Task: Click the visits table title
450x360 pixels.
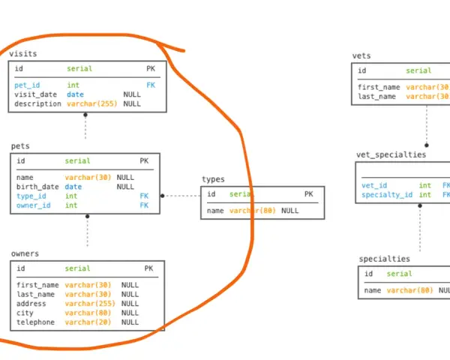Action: coord(23,54)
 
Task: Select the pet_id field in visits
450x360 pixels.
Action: coord(27,85)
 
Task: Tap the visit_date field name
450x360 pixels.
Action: coord(35,94)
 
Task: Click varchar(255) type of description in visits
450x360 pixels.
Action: coord(92,103)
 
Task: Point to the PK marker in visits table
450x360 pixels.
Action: coord(151,68)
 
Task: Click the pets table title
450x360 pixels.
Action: coord(20,146)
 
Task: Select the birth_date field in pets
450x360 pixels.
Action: coord(37,187)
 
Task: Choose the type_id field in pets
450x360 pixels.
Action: coord(31,196)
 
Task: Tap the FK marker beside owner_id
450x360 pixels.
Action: coord(144,205)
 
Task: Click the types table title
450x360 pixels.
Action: coord(213,179)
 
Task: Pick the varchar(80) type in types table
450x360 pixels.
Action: coord(253,211)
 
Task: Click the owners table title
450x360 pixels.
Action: coord(25,253)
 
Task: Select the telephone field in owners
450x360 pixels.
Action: coord(35,322)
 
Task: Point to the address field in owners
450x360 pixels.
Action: coord(31,304)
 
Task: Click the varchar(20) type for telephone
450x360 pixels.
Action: coord(88,322)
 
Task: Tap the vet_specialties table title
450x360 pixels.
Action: coord(391,154)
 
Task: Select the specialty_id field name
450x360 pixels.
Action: coord(387,195)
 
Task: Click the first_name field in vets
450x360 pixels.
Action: coord(379,87)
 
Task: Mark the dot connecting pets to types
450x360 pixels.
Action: coord(163,196)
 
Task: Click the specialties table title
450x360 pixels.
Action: coord(385,259)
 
